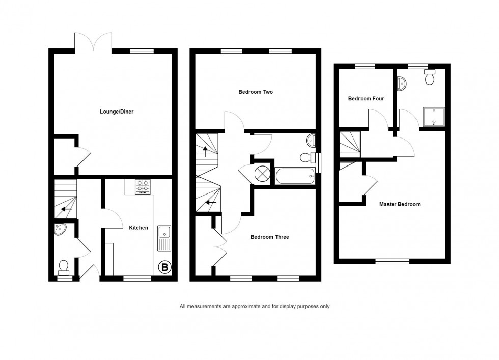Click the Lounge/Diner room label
coord(117,112)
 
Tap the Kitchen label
coord(138,228)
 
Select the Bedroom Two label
coord(256,92)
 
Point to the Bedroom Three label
coord(269,237)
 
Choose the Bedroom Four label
coord(366,99)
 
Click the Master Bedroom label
coord(400,204)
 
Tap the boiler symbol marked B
coord(165,267)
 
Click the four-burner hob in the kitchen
coord(143,187)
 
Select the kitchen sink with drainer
coord(164,238)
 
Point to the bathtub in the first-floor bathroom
coord(295,176)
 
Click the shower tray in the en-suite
coord(433,117)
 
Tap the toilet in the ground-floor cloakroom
coord(64,268)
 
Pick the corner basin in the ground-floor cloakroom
coord(60,229)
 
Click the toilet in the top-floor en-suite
coord(430,77)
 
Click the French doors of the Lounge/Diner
coord(93,42)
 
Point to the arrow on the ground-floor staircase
coord(66,209)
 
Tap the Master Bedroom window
coord(393,261)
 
